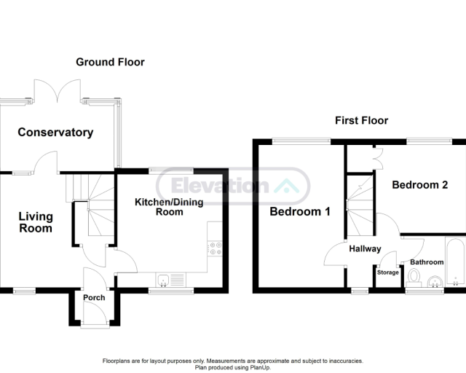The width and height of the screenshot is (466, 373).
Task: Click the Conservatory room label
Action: tap(55, 132)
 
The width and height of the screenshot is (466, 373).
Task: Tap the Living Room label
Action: tap(36, 222)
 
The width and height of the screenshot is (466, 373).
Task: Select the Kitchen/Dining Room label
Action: tap(169, 207)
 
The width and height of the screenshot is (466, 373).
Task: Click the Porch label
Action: tap(94, 297)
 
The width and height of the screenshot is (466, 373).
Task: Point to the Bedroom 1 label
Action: tap(300, 211)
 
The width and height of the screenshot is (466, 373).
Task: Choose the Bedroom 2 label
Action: tap(419, 185)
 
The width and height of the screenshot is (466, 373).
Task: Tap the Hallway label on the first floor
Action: tap(365, 248)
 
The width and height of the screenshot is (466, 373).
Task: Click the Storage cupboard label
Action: tap(388, 272)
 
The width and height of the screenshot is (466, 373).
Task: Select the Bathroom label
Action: tap(427, 262)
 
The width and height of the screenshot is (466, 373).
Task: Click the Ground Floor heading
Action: tap(110, 62)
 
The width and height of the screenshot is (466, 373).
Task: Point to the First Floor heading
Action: tap(362, 120)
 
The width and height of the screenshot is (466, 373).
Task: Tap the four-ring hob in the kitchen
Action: tap(215, 248)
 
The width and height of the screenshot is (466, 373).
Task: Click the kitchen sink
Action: tap(170, 280)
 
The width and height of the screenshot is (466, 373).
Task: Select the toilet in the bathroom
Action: tap(414, 278)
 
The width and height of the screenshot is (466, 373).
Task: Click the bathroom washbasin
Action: tap(435, 281)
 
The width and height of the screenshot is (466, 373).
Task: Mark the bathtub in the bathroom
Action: tap(455, 262)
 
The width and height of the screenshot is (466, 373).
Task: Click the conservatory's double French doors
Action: tap(58, 91)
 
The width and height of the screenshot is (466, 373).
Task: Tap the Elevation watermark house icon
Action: tap(286, 186)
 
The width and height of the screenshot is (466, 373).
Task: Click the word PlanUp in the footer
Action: tap(260, 368)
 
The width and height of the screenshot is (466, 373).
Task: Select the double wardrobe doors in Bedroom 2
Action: tap(379, 157)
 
